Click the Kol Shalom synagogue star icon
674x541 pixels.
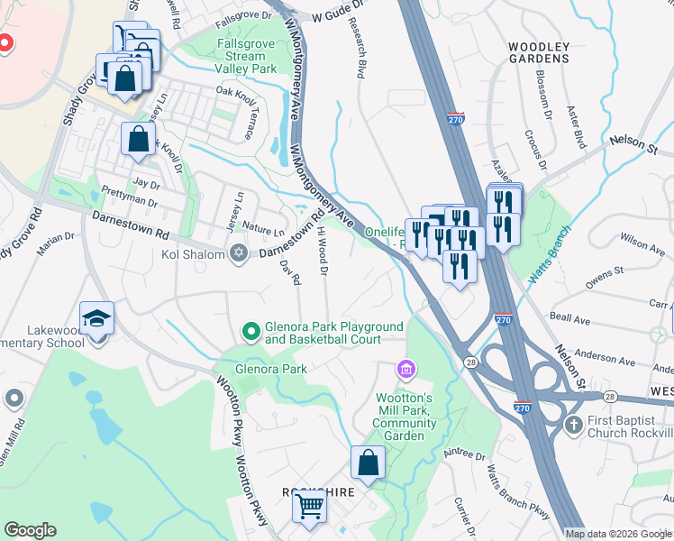pos(238,252)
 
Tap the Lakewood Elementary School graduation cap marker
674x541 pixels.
pos(96,319)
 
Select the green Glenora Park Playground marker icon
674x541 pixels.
pos(251,333)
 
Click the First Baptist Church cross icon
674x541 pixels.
pos(572,424)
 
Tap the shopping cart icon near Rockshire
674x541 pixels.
pos(309,509)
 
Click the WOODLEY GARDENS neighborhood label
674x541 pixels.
pos(539,51)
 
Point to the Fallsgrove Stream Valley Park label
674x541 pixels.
pos(246,56)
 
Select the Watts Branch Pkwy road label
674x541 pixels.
pos(518,495)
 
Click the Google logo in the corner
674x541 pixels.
pos(30,530)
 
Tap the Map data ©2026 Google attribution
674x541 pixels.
pos(618,534)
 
